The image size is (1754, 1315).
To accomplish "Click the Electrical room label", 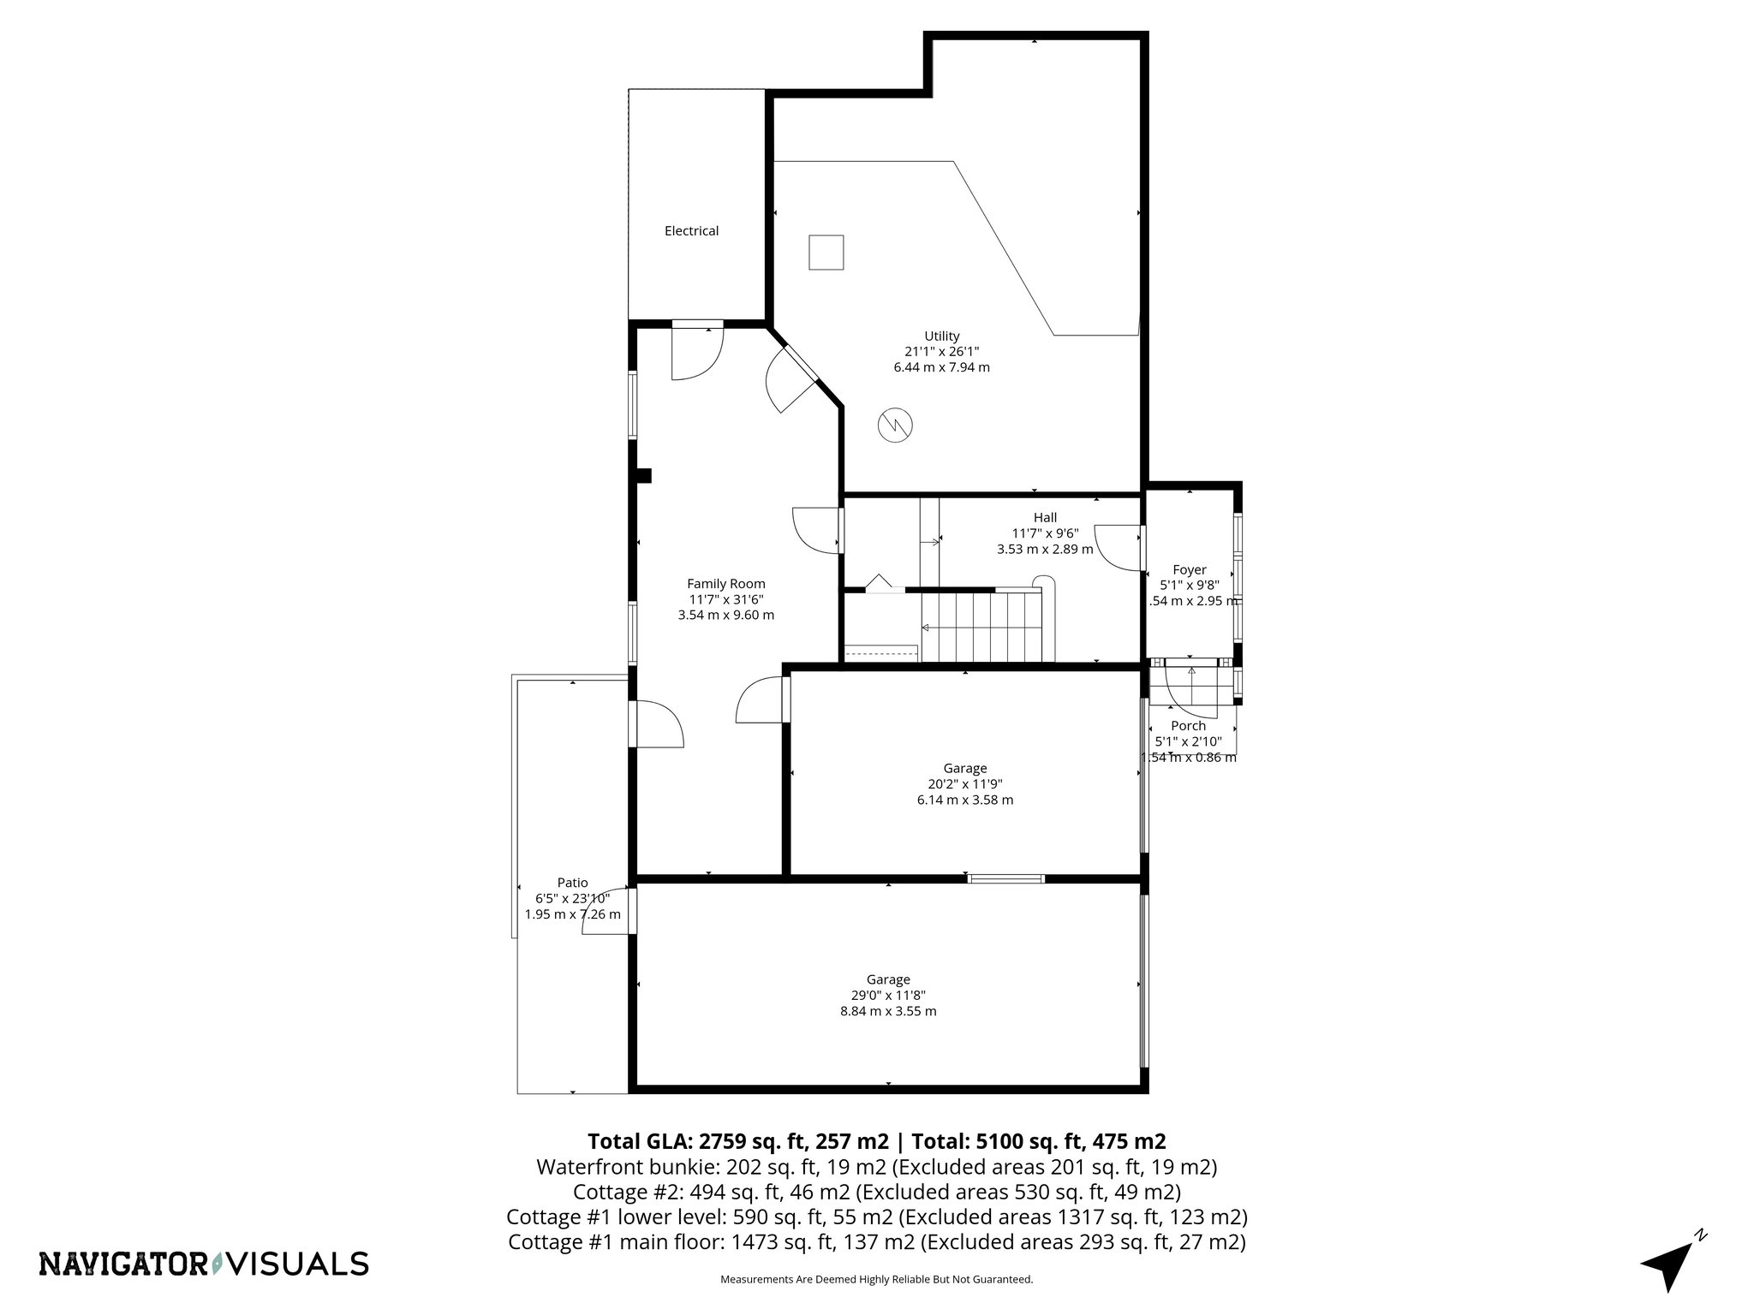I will [x=691, y=231].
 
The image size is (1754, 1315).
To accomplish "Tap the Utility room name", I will [x=941, y=336].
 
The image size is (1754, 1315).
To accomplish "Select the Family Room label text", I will [x=725, y=584].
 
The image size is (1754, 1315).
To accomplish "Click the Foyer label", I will [x=1189, y=570].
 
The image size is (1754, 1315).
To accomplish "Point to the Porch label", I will [x=1188, y=726].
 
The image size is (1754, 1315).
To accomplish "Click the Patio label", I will [x=572, y=883].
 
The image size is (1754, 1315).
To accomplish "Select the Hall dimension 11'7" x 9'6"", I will [x=1045, y=533].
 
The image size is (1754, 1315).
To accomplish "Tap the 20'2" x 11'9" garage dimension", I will [x=964, y=784].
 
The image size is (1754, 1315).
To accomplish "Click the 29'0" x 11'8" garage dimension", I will [x=887, y=996].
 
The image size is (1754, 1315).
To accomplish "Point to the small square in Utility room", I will [x=826, y=253].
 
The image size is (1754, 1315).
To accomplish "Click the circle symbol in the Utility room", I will [x=896, y=425].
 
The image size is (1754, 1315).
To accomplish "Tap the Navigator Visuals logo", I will [x=204, y=1264].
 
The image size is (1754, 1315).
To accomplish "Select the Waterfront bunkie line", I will [x=876, y=1167].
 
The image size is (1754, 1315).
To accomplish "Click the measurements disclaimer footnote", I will [x=876, y=1280].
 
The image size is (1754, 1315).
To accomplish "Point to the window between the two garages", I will [x=1005, y=878].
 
